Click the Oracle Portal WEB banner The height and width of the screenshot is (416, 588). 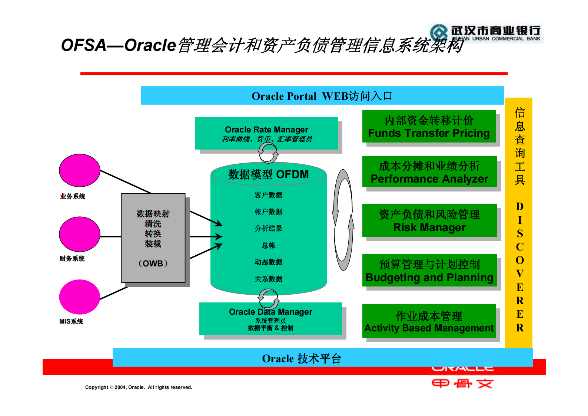coord(322,96)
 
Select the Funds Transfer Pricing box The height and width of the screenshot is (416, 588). coord(429,127)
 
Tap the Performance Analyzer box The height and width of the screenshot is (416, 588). coord(429,172)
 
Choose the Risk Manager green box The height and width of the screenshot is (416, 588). coord(429,220)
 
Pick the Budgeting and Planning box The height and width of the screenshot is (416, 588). coord(429,271)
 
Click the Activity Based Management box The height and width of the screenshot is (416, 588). coord(429,321)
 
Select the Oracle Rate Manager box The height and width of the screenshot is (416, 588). coord(266,134)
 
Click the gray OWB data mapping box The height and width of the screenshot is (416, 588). coord(153,238)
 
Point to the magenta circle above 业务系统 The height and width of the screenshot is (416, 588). coord(80,170)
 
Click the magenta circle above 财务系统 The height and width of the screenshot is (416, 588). coord(80,234)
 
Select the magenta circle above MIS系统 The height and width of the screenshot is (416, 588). coord(80,297)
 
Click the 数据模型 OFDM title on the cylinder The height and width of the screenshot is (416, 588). coord(268,174)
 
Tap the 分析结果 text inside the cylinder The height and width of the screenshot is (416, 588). coord(268,229)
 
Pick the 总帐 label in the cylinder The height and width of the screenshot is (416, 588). coord(268,245)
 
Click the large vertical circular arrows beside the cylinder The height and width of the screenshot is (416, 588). coord(343,220)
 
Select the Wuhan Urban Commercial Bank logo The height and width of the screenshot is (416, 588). coord(486,33)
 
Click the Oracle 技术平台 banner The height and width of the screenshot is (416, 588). coord(301,358)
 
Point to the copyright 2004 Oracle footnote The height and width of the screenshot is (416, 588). coord(139,387)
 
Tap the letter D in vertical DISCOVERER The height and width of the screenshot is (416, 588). coord(519,206)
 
